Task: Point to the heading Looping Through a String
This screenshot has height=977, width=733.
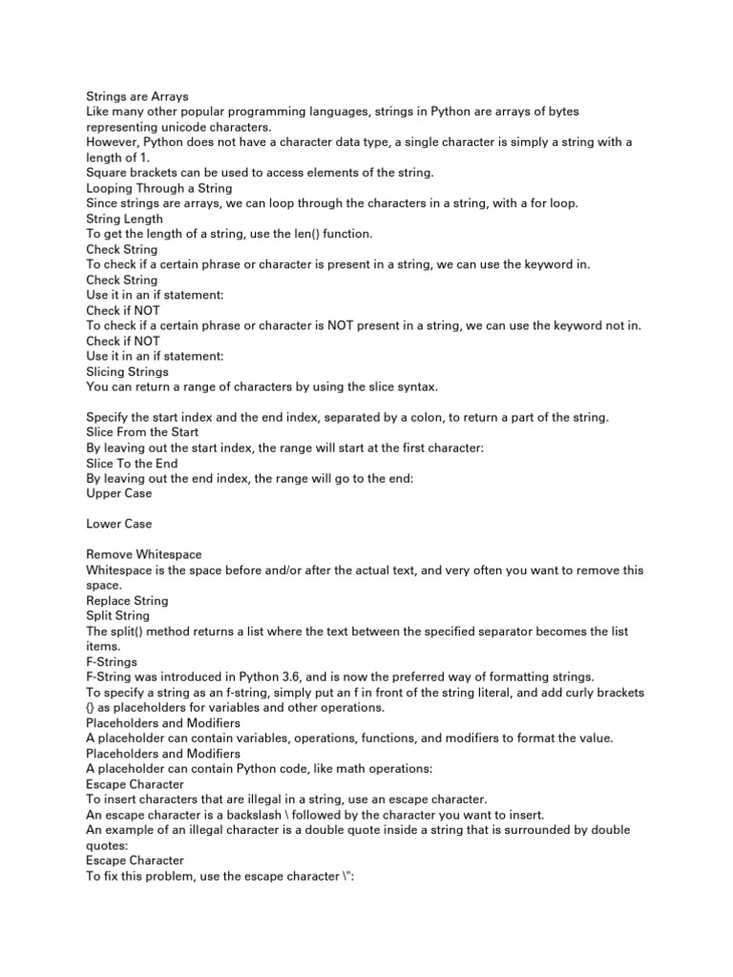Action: pyautogui.click(x=158, y=188)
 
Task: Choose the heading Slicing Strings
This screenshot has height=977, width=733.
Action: pyautogui.click(x=127, y=371)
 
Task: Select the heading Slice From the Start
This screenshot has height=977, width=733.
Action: pyautogui.click(x=142, y=432)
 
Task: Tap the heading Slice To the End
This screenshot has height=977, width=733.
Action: pyautogui.click(x=132, y=463)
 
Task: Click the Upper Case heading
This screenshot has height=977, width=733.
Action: pyautogui.click(x=118, y=493)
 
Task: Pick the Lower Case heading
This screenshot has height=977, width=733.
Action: pyautogui.click(x=118, y=524)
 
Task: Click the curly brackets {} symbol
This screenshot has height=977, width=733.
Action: pyautogui.click(x=92, y=707)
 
